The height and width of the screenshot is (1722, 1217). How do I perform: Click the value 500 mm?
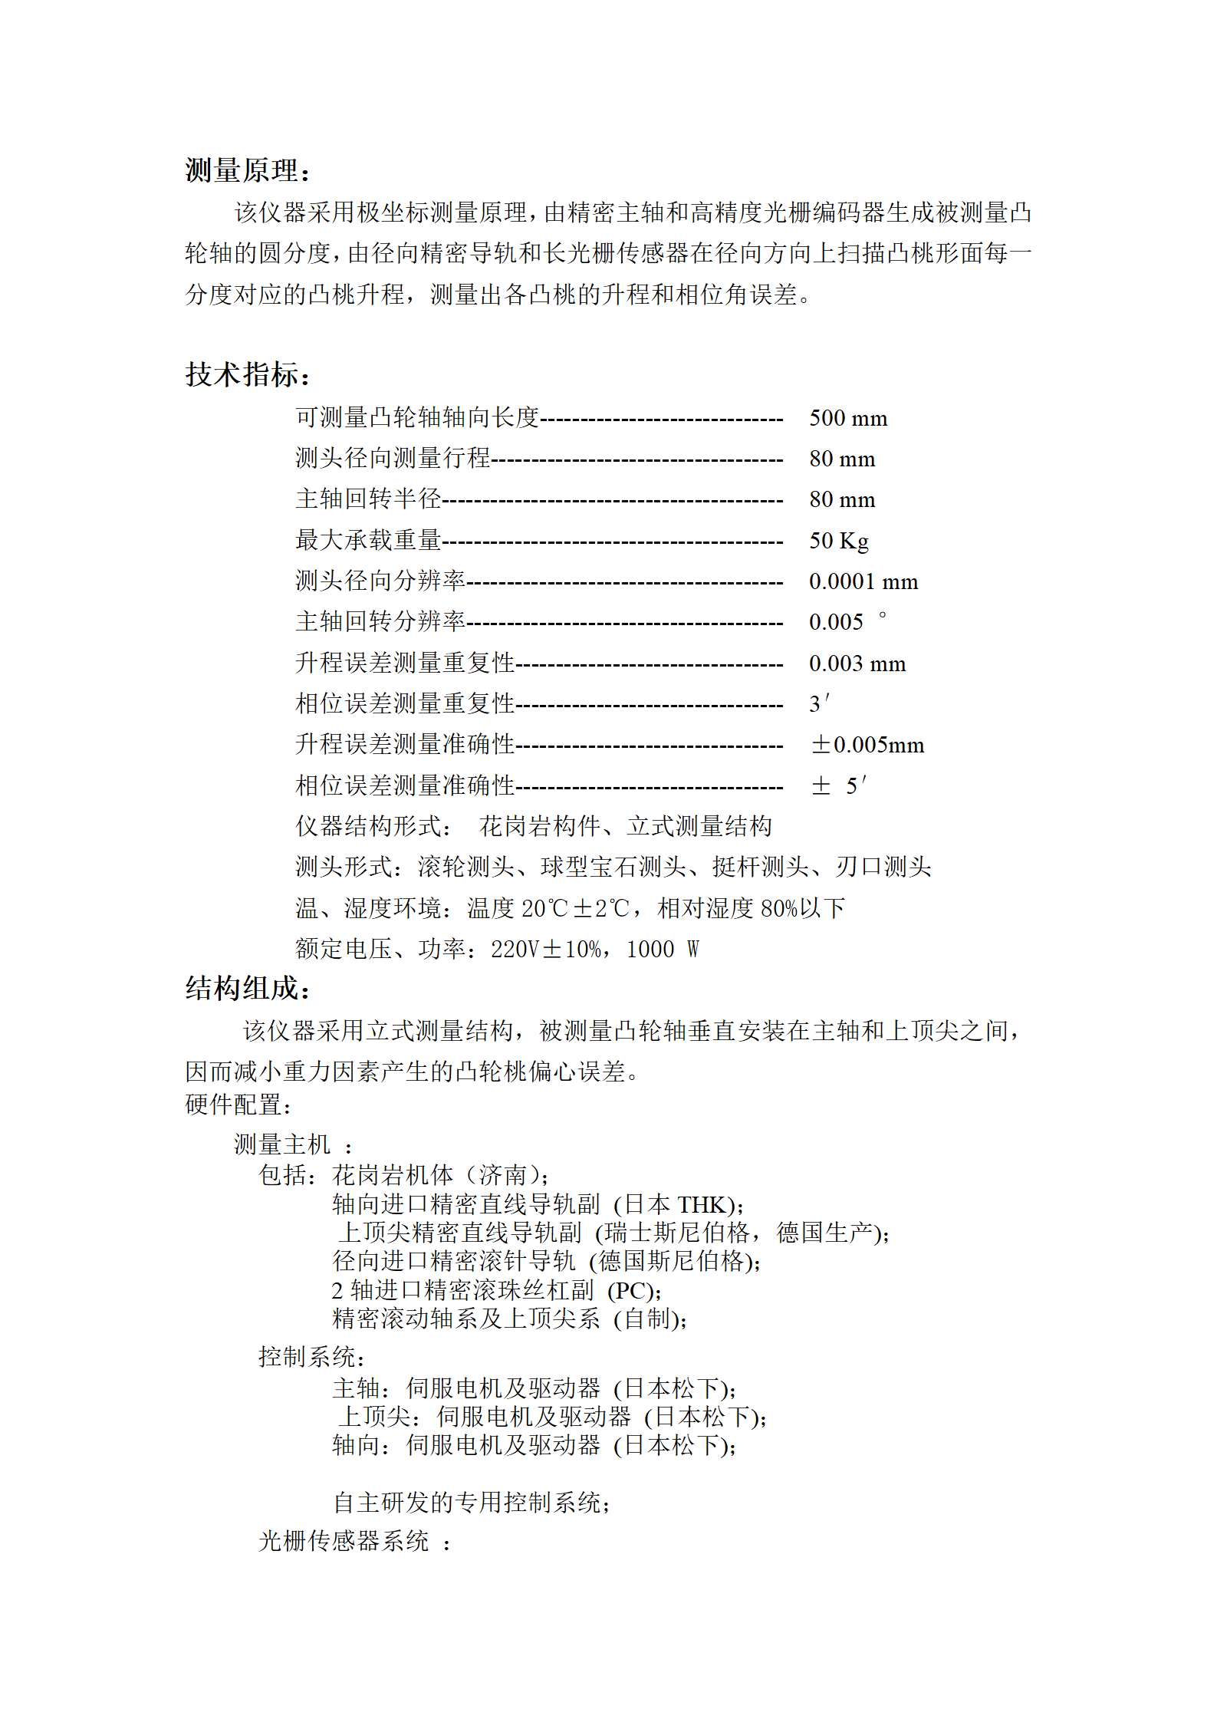(848, 418)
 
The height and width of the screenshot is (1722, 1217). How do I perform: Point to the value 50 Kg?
(839, 541)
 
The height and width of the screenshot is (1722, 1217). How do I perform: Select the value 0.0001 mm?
(863, 581)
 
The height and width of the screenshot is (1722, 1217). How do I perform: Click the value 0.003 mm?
(857, 663)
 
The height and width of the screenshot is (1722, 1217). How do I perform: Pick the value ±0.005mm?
(867, 745)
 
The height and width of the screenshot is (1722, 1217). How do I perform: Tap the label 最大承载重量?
(369, 540)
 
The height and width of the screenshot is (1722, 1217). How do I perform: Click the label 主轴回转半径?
(369, 499)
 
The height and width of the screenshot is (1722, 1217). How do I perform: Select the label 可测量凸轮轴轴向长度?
(418, 417)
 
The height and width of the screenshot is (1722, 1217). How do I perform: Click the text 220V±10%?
(545, 950)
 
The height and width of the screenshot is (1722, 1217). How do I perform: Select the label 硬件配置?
(238, 1105)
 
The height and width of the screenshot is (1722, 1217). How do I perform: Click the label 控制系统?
(311, 1357)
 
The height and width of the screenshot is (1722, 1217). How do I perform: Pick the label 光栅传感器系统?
(344, 1540)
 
